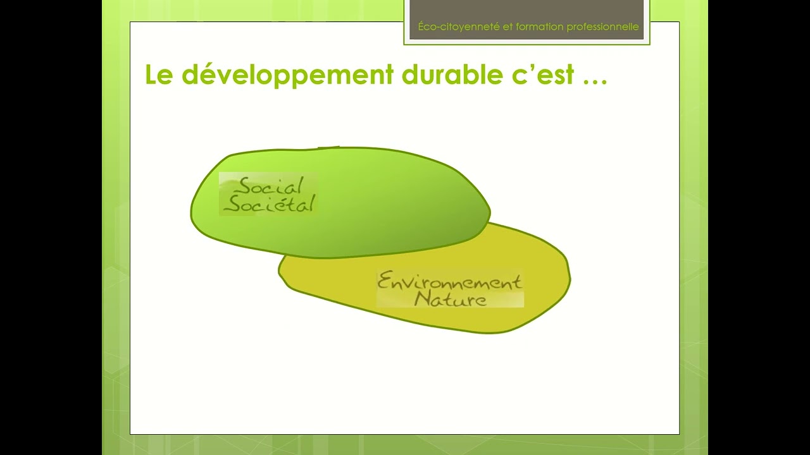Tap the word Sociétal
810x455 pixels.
[x=270, y=204]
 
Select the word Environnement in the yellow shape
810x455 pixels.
[x=449, y=282]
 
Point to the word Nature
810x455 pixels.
[x=451, y=299]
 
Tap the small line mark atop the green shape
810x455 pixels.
[x=328, y=147]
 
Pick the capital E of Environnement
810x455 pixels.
[x=383, y=282]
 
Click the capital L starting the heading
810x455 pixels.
[x=151, y=75]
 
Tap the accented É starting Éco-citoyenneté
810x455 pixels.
[x=421, y=26]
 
